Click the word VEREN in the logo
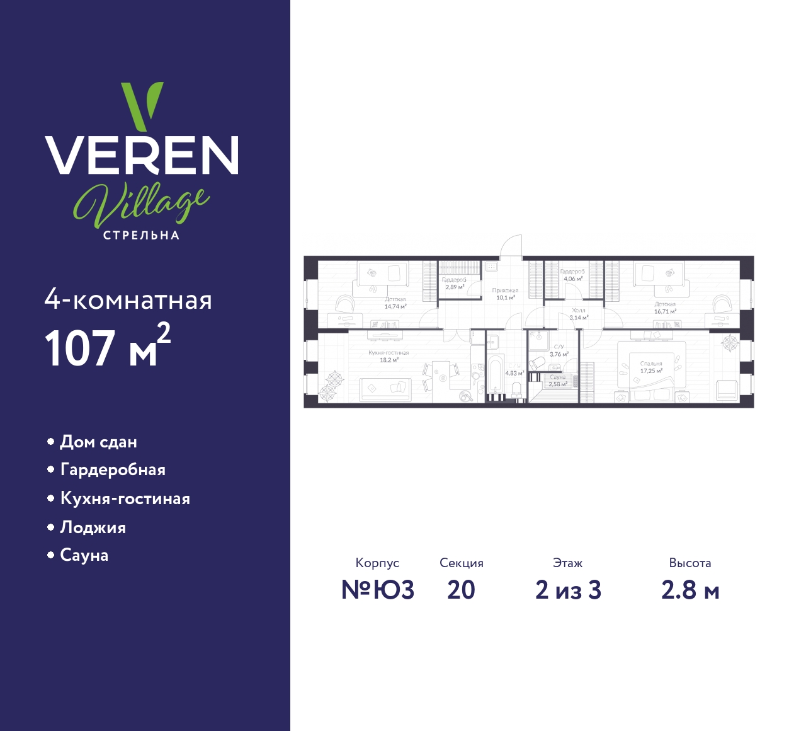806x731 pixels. [x=142, y=155]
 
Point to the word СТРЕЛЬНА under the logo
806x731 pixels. [x=142, y=236]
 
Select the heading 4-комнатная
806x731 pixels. [x=128, y=301]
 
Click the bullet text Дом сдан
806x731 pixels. [x=98, y=442]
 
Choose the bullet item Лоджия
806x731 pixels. [x=93, y=527]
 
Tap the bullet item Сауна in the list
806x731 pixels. [x=84, y=555]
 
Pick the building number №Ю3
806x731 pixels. [x=378, y=590]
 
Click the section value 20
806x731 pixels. [x=461, y=590]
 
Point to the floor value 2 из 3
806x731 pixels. [x=568, y=590]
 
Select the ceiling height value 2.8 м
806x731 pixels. [x=690, y=590]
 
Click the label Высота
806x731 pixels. [x=690, y=563]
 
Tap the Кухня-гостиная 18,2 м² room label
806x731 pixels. [x=389, y=357]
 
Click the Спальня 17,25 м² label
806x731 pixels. [x=651, y=367]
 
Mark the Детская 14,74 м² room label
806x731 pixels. [x=395, y=303]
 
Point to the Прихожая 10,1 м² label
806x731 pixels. [x=505, y=294]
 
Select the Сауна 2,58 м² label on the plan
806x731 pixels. [x=557, y=381]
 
